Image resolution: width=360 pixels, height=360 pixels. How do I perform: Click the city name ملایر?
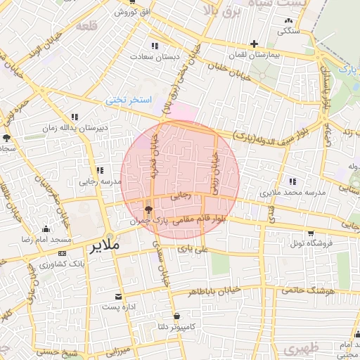[x=105, y=247]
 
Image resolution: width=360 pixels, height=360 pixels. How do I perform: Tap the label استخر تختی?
[x=129, y=100]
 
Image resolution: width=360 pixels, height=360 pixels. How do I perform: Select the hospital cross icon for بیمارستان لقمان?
[x=254, y=44]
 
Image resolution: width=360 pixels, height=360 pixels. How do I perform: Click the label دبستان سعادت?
[x=154, y=55]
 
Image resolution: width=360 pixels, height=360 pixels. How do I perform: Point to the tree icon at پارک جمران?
[x=148, y=209]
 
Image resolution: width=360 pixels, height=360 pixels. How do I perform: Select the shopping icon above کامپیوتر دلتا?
[x=176, y=316]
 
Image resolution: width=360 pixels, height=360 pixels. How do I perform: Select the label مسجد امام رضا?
[x=46, y=240]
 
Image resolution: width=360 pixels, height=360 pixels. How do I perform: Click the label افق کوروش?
[x=131, y=13]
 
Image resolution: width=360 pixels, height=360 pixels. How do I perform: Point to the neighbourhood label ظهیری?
[x=302, y=347]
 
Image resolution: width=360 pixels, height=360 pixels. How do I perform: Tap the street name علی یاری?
[x=193, y=248]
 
